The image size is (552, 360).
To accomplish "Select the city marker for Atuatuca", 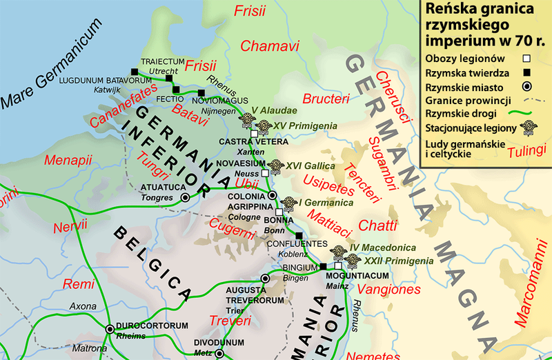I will (x=185, y=197).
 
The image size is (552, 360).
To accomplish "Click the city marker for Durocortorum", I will (x=109, y=328).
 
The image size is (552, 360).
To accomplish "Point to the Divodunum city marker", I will (x=219, y=353).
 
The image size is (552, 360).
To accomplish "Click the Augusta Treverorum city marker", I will (x=264, y=278).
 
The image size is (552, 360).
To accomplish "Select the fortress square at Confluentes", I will (x=298, y=235).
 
